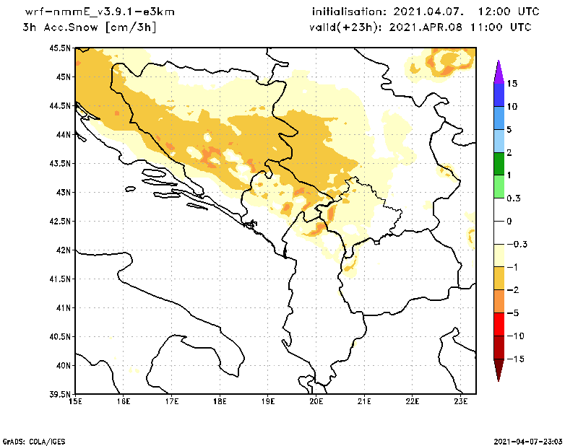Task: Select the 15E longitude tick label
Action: point(75,401)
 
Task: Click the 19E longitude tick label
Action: point(268,401)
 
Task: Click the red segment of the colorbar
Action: point(499,325)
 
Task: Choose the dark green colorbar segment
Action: point(499,164)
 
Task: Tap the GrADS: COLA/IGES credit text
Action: point(28,440)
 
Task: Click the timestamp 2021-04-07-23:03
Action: point(530,440)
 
